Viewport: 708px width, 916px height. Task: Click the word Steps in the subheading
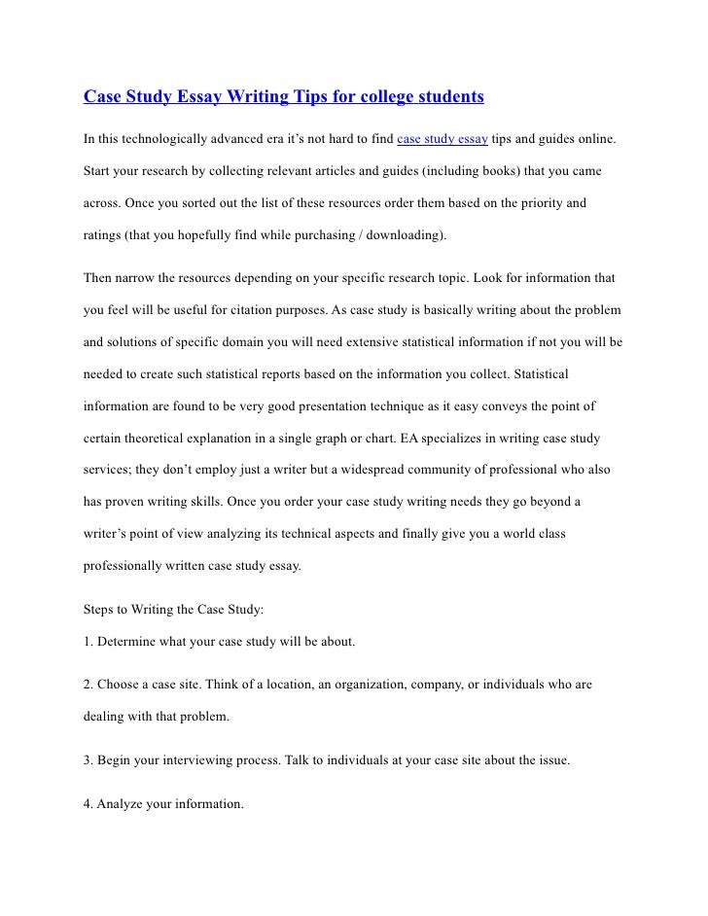100,610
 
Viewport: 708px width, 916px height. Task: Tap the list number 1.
87,642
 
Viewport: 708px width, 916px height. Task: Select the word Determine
129,642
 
